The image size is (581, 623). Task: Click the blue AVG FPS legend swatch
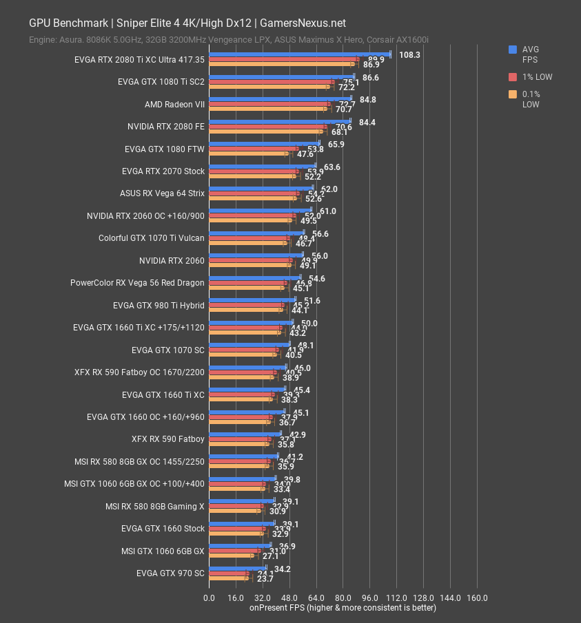tap(513, 50)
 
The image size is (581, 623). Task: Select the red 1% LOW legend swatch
tap(513, 77)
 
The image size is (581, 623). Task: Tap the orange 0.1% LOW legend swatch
tap(513, 94)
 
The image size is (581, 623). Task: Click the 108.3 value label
tap(409, 54)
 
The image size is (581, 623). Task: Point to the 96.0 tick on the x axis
tap(370, 598)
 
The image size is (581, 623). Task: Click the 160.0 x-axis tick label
tap(477, 598)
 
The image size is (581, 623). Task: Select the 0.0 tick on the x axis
tap(209, 598)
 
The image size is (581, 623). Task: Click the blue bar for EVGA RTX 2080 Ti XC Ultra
tap(300, 54)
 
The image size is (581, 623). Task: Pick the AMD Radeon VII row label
tap(174, 105)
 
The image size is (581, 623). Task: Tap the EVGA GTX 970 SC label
tap(170, 572)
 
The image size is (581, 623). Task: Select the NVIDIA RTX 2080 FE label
tap(166, 127)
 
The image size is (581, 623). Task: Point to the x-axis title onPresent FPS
tap(343, 607)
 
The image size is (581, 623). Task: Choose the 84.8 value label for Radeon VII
tap(367, 99)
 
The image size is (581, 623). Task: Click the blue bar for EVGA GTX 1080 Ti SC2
tap(281, 76)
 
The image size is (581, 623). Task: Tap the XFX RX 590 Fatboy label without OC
tap(167, 439)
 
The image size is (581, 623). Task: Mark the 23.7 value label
tap(265, 579)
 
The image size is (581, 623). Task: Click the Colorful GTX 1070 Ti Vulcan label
tap(152, 238)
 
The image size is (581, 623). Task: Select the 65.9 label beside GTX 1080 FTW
tap(336, 144)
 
